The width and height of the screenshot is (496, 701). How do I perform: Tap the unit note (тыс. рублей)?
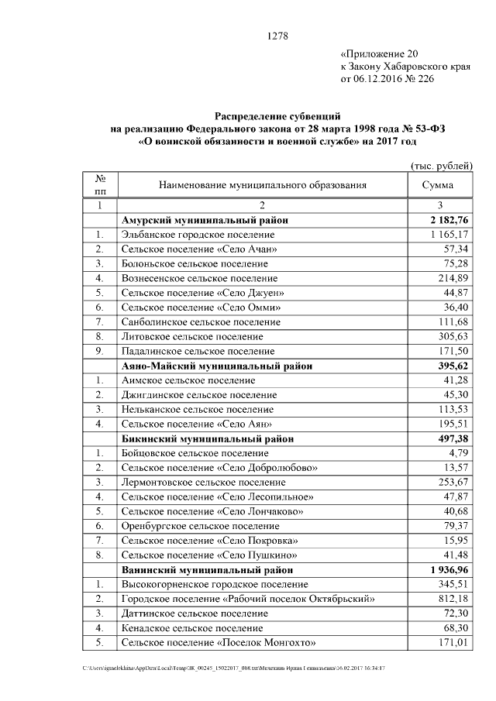coord(441,167)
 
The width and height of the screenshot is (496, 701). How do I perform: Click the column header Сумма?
coord(437,185)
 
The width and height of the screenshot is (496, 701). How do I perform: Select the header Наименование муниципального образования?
coord(263,185)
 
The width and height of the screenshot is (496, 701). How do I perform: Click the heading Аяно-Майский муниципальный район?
coord(217,366)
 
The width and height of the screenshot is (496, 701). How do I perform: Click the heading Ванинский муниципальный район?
coord(208,569)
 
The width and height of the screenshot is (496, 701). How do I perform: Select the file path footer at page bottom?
coord(233,668)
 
